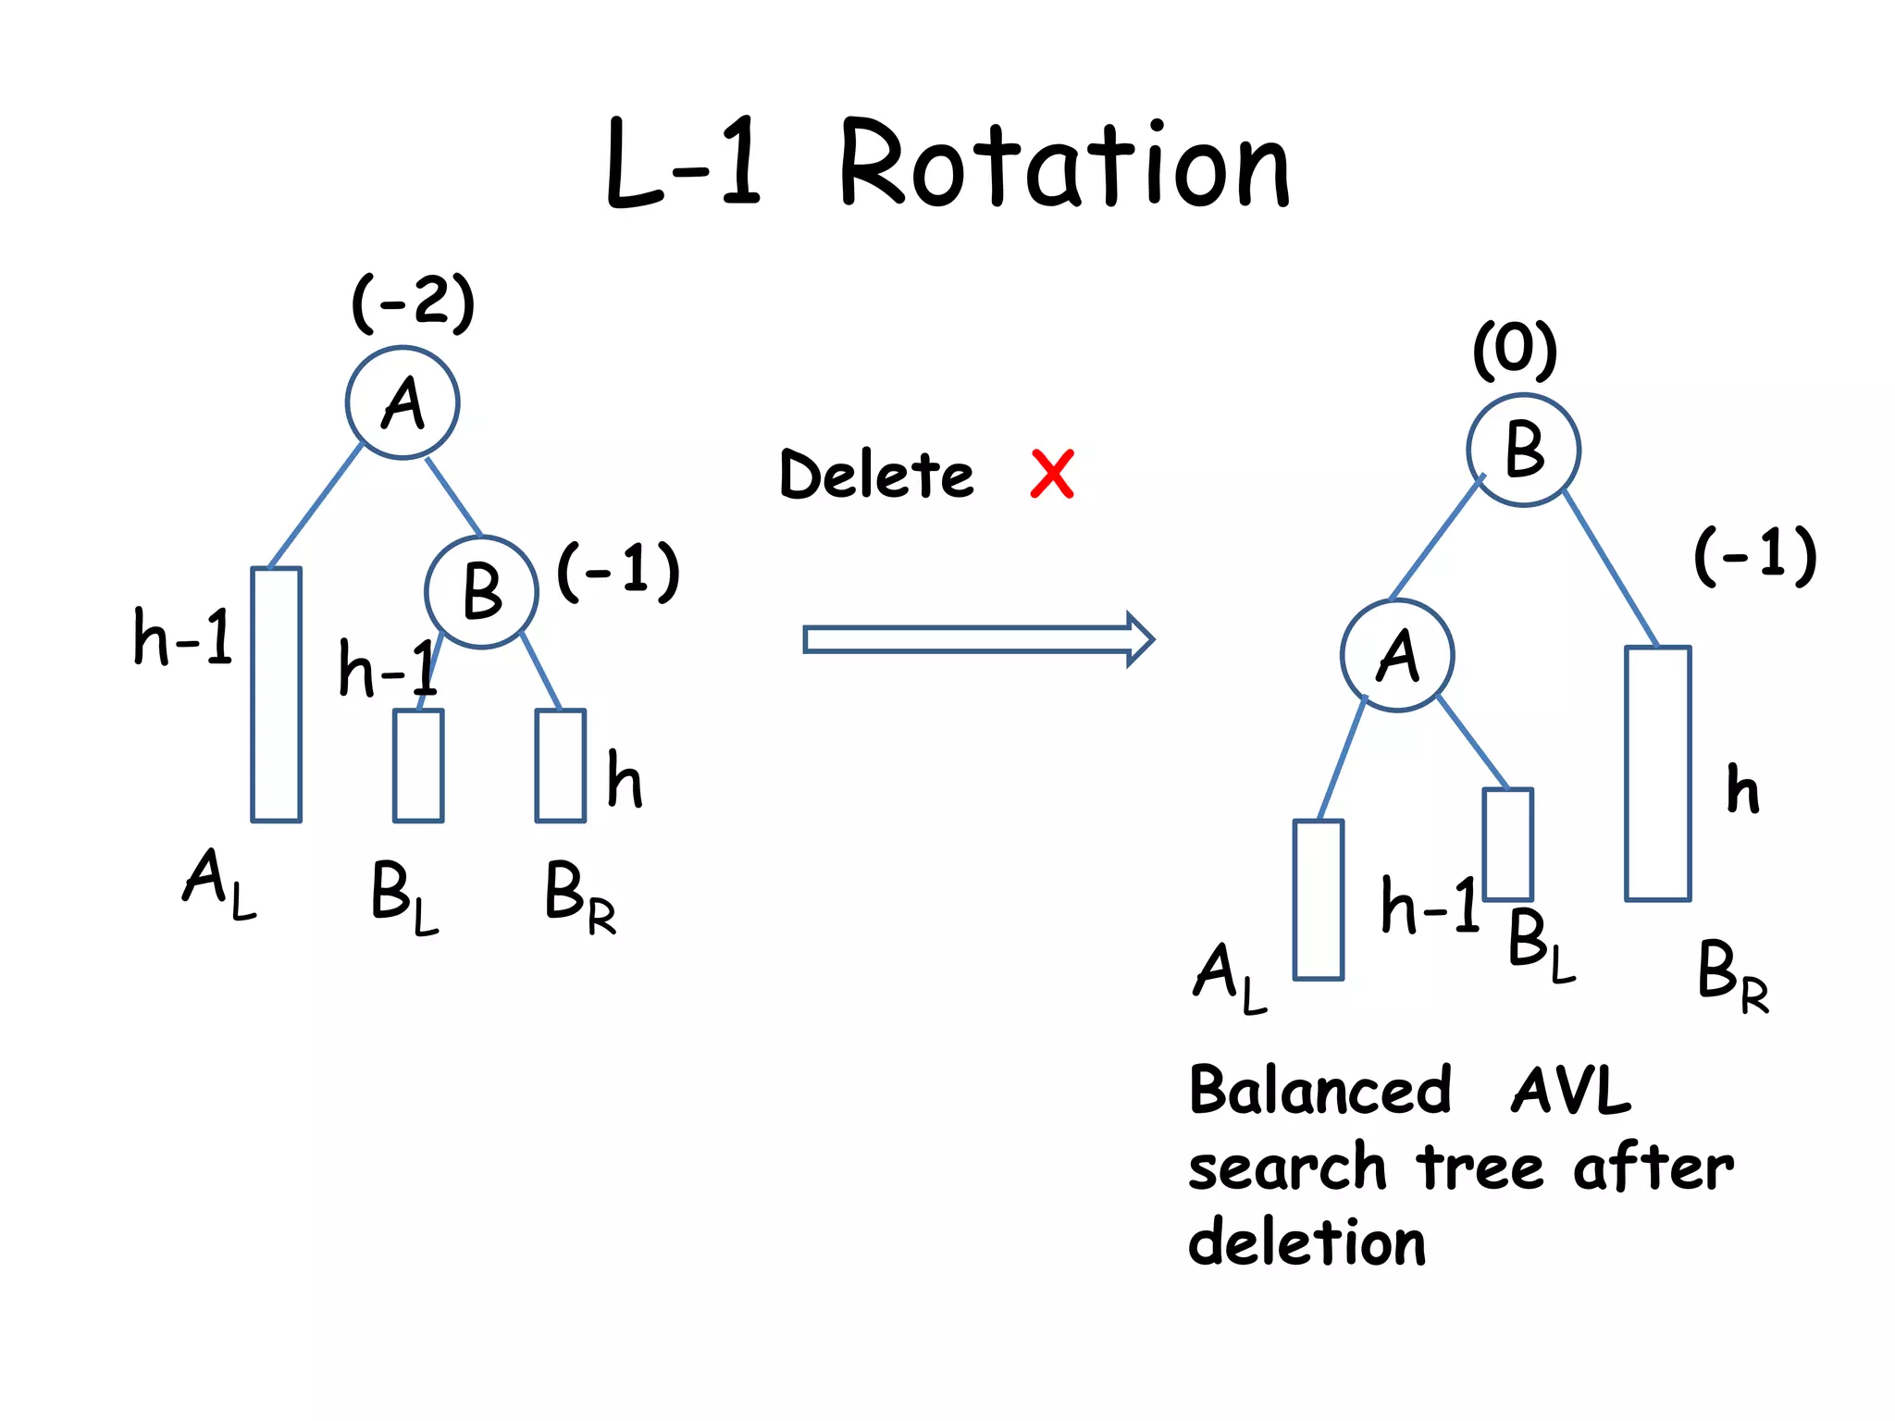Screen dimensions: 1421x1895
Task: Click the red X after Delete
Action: point(1052,475)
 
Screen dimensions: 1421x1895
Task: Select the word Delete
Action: point(876,475)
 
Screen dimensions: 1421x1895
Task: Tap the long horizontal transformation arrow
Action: point(978,639)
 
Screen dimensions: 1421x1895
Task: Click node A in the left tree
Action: point(403,403)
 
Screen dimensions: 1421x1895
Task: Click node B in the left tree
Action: point(481,592)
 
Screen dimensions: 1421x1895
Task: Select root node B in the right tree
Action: point(1523,451)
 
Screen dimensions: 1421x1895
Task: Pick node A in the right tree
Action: point(1397,656)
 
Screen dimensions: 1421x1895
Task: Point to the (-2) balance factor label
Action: point(414,302)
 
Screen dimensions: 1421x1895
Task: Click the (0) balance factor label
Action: point(1515,350)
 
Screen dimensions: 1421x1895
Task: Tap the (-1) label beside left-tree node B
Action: point(618,571)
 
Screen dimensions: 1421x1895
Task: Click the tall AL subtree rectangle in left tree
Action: point(276,694)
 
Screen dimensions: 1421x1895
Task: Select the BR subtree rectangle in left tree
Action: point(560,765)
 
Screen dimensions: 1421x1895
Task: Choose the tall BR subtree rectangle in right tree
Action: point(1657,773)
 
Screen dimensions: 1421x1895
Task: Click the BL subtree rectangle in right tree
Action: point(1507,844)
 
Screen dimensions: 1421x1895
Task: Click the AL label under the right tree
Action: point(1229,977)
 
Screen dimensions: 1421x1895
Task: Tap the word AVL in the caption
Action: point(1570,1091)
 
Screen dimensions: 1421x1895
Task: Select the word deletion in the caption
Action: point(1307,1242)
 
